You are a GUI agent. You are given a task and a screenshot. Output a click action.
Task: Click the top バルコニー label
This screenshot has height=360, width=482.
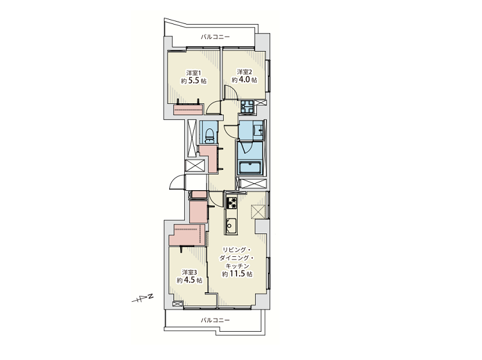pos(215,37)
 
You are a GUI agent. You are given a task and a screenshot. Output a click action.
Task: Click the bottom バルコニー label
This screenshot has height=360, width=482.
pos(215,320)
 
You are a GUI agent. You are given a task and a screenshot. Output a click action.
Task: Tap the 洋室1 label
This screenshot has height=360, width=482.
pos(194,73)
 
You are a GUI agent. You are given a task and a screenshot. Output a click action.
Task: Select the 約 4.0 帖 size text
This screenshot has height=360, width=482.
pos(244,80)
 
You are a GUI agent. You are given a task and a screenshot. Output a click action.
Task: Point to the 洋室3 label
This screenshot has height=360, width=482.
pos(189,272)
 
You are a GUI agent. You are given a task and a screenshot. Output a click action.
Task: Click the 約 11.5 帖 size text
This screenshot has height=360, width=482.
pos(237,274)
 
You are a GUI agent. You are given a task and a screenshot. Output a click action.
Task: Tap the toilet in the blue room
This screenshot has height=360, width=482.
pos(209,135)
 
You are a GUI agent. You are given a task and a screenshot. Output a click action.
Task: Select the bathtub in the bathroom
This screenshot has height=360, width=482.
pos(250,168)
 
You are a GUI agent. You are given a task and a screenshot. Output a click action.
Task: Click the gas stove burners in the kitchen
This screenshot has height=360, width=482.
pos(232,203)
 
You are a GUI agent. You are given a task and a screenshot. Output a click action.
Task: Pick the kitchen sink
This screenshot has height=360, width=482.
pos(231,225)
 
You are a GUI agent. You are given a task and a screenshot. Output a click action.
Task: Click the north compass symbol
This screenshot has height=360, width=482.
pos(142,298)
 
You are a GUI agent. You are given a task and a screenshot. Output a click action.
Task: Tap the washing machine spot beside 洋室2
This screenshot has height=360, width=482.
pos(247,107)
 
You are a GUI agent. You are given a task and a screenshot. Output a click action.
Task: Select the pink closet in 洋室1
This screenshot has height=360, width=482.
pos(188,109)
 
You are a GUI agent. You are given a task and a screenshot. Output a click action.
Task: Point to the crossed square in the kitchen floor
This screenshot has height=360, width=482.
pos(258,212)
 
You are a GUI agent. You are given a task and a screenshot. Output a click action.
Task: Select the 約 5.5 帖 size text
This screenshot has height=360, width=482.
pos(194,81)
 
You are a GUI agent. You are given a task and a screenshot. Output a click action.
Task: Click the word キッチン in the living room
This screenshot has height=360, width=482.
pos(237,266)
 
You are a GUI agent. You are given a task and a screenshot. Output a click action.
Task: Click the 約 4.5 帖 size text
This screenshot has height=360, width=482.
pos(189,280)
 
